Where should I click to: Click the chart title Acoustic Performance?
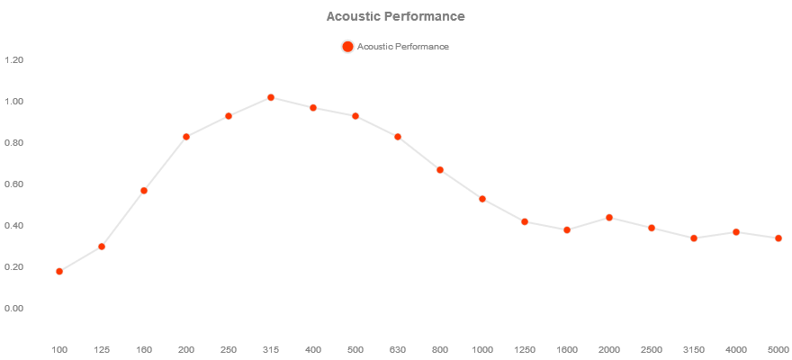coord(395,16)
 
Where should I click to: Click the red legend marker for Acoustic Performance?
coord(347,47)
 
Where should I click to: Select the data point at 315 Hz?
coord(271,97)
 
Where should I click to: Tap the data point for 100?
coord(59,271)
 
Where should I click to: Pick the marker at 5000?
coord(778,238)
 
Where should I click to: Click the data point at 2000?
coord(609,218)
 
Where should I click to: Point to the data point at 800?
coord(440,169)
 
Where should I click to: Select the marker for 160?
coord(144,191)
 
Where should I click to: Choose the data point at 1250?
coord(525,221)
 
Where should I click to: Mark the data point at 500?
coord(355,116)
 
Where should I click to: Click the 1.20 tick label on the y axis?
coord(13,60)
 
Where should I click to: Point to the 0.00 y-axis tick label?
coord(13,309)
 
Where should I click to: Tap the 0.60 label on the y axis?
coord(13,184)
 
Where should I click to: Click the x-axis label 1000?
coord(482,349)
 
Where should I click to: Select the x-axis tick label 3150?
coord(694,349)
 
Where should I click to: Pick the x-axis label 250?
coord(229,349)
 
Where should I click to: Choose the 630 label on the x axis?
coord(398,349)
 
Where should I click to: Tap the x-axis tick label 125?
coord(102,349)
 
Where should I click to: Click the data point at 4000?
coord(736,232)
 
